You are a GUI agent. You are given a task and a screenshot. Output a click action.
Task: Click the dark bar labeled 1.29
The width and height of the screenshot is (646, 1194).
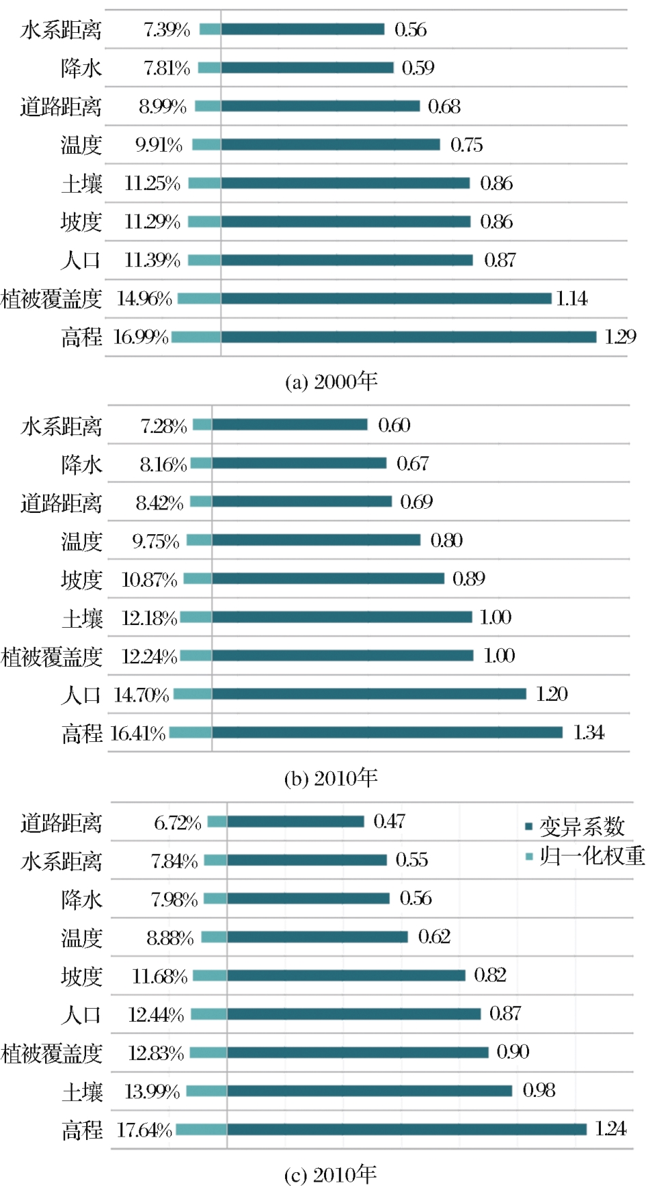[408, 336]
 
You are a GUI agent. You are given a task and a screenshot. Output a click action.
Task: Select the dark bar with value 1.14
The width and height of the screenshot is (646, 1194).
[386, 298]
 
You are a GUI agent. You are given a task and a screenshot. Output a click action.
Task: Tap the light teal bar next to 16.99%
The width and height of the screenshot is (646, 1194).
[196, 336]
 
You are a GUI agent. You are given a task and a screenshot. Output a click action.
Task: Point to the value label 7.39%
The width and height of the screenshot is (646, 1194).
[167, 29]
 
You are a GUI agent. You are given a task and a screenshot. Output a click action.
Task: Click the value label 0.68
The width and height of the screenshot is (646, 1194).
[444, 106]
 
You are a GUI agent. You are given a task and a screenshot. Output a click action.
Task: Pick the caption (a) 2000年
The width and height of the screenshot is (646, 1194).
[331, 381]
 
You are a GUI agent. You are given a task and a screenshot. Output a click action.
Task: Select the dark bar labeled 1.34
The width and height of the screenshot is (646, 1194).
[387, 732]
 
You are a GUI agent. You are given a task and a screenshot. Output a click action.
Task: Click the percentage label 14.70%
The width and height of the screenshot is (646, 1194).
[142, 695]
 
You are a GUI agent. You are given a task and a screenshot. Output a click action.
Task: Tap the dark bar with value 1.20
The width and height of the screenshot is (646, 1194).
[369, 694]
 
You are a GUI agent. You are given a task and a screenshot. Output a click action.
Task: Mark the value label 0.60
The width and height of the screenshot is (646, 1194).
[394, 425]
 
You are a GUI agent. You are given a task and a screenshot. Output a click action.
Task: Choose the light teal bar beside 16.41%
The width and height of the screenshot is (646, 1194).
[191, 732]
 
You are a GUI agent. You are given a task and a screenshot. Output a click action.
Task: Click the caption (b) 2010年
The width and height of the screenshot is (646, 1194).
[331, 778]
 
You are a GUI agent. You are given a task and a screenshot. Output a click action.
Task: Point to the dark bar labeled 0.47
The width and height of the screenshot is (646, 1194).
[295, 821]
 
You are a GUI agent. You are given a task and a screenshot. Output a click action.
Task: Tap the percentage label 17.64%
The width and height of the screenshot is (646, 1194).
[144, 1130]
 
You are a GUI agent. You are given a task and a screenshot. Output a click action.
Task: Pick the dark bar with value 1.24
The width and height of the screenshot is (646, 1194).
[407, 1129]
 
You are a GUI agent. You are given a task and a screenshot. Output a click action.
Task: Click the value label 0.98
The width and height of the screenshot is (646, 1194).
[539, 1090]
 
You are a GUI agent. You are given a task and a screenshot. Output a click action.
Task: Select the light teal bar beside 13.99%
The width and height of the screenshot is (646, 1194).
[206, 1091]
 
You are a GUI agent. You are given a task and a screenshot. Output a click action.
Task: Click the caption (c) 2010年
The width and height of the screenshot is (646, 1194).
[331, 1174]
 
